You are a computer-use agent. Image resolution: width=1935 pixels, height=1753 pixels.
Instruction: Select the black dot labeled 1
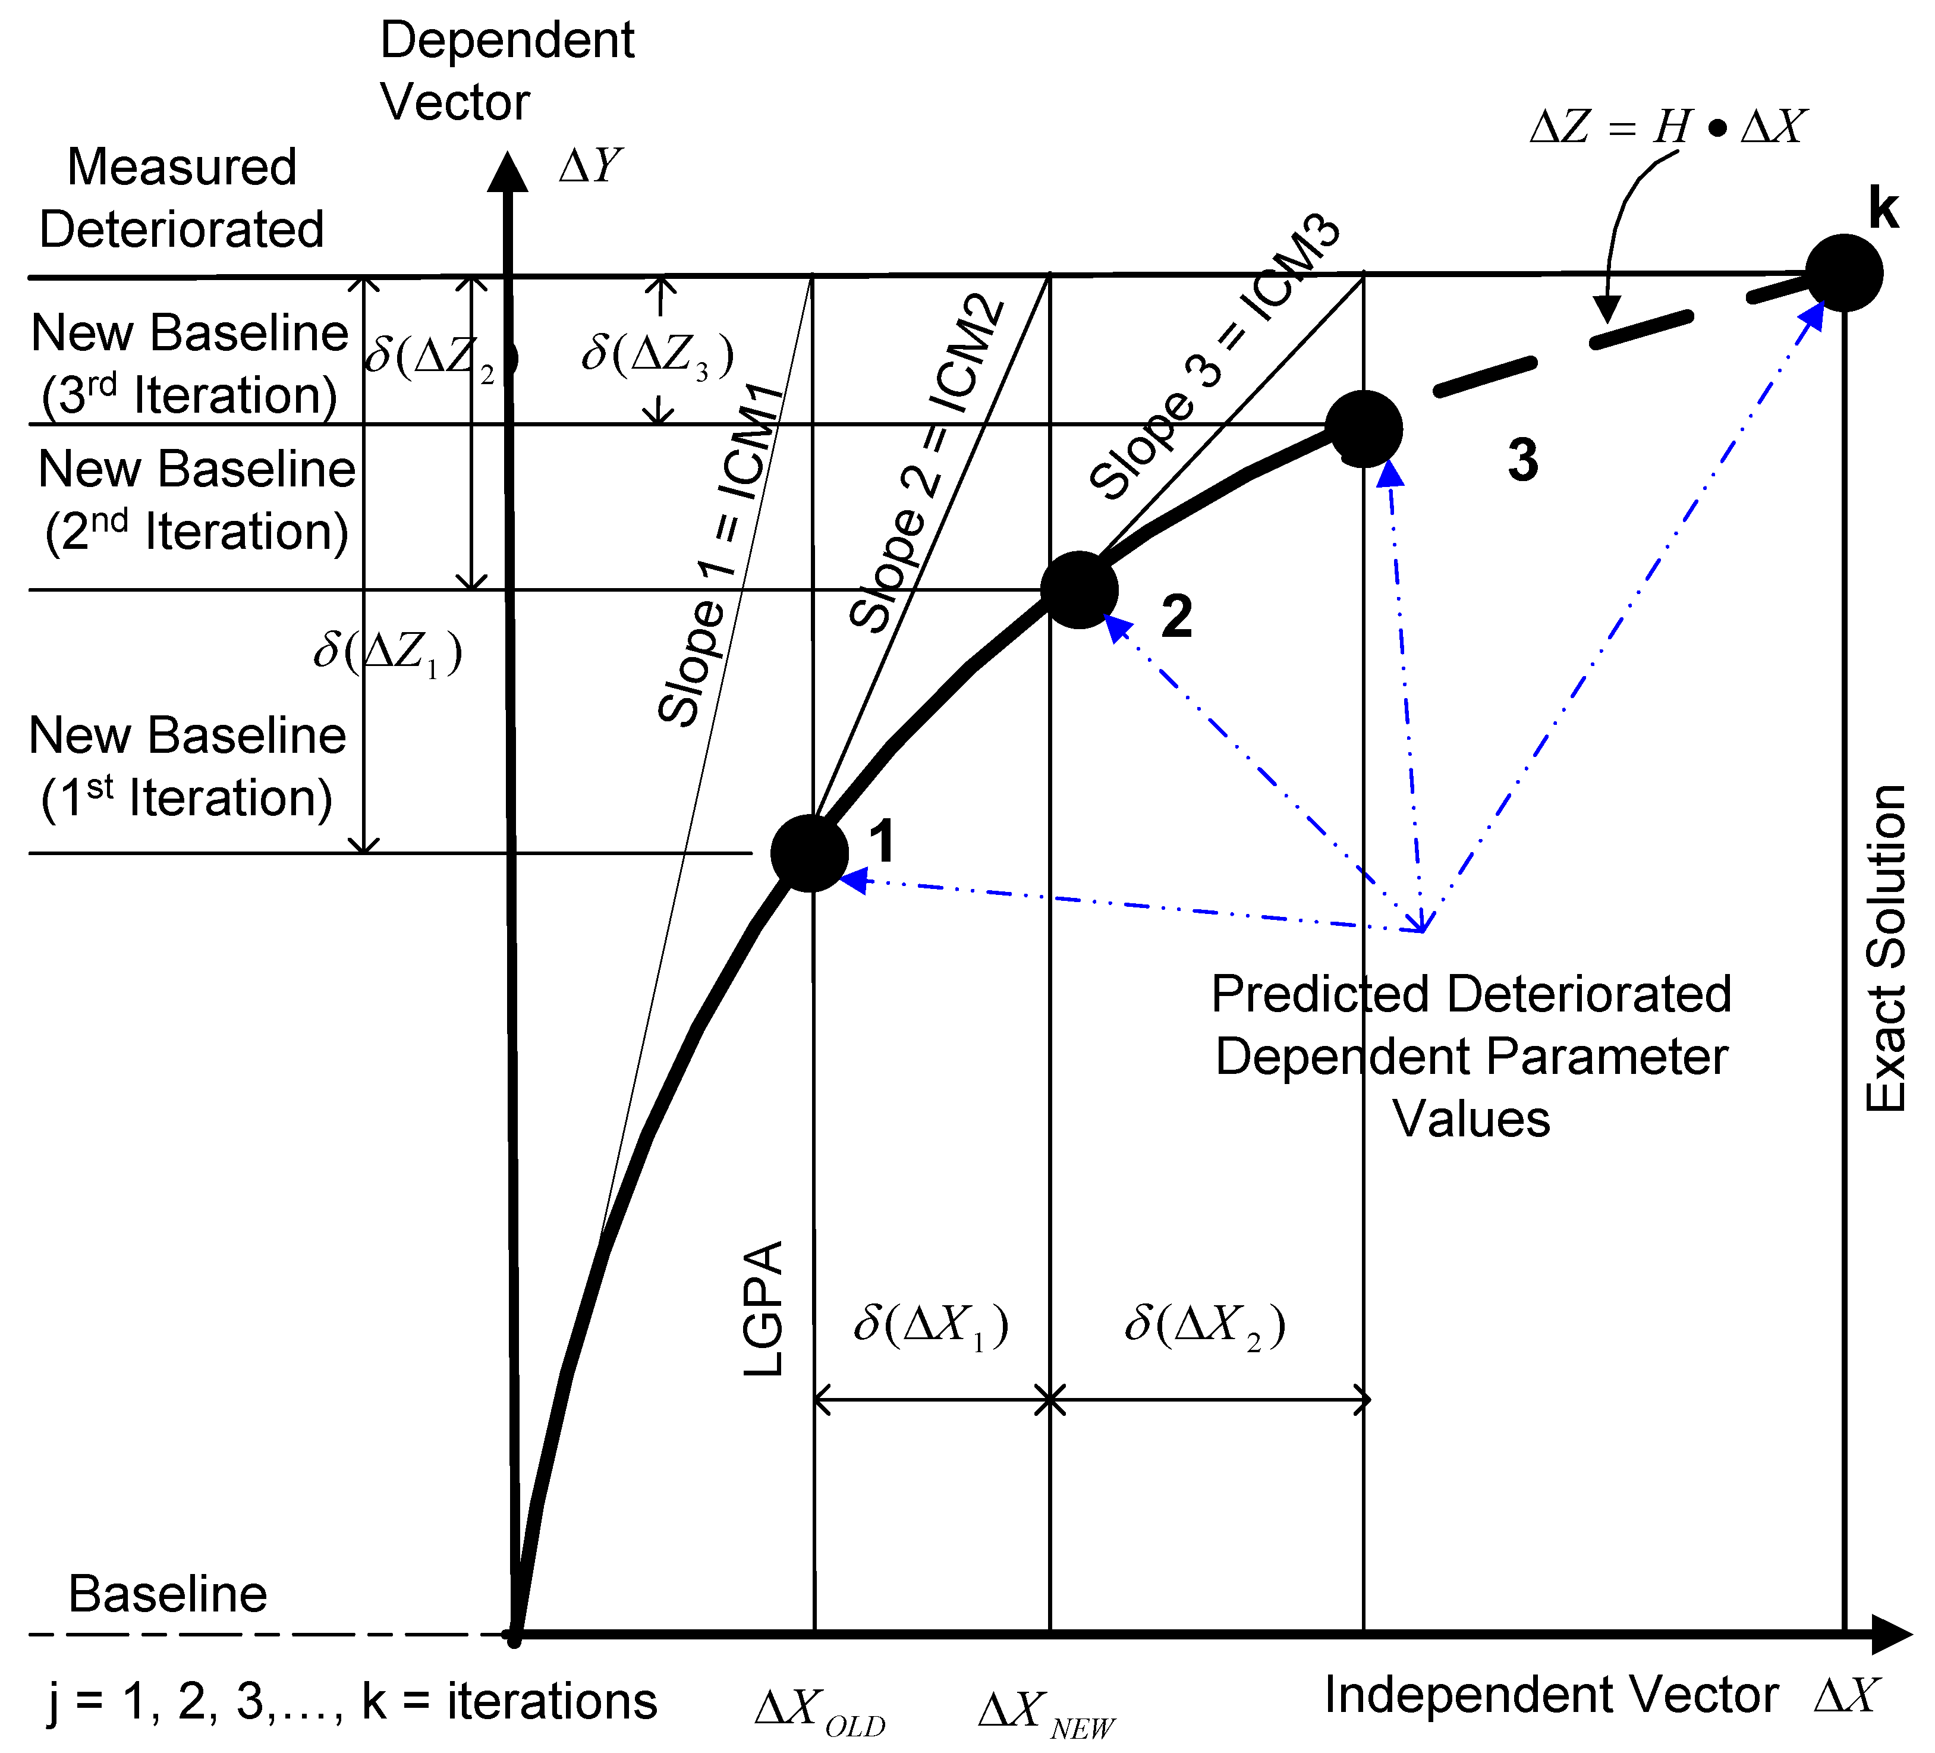pos(809,853)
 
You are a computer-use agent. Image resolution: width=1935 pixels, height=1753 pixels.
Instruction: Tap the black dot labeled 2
pos(1079,589)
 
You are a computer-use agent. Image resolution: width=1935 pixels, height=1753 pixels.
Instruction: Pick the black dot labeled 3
pos(1363,428)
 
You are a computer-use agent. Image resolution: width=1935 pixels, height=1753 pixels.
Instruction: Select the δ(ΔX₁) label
pos(931,1326)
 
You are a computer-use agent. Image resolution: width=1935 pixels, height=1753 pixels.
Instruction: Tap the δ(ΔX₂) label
pos(1204,1326)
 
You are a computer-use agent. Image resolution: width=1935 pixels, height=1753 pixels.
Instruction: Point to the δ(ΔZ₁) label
pos(388,652)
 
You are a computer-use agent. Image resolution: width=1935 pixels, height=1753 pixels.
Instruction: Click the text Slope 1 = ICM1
pos(722,555)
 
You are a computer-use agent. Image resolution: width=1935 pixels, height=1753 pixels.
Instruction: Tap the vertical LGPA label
pos(764,1309)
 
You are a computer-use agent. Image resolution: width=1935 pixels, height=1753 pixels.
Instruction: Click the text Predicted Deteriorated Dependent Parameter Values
pos(1471,1056)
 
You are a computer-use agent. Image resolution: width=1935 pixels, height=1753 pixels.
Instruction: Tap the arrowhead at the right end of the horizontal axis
pos(1891,1634)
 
